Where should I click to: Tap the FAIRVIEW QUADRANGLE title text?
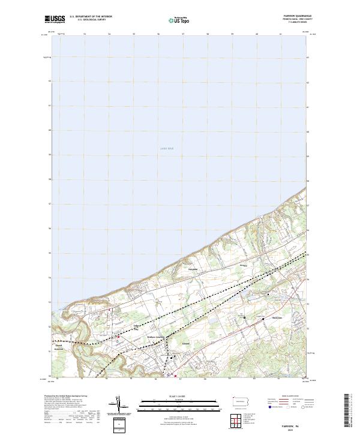click(x=298, y=16)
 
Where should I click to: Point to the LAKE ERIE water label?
click(x=166, y=148)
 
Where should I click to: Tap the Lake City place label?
click(x=135, y=328)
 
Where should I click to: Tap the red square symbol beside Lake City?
click(x=119, y=337)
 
